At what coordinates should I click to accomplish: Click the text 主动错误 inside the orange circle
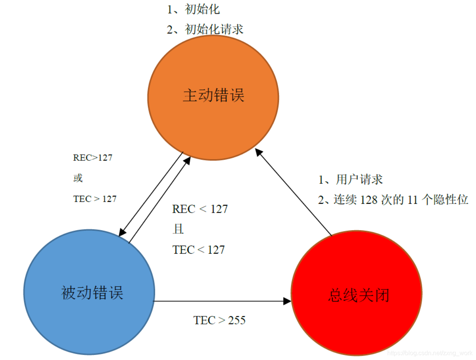click(x=213, y=96)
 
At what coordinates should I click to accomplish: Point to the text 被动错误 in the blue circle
click(x=92, y=293)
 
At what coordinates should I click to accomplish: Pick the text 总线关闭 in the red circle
click(x=359, y=295)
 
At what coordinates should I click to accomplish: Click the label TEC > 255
click(x=219, y=320)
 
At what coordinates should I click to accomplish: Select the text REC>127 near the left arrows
click(x=93, y=157)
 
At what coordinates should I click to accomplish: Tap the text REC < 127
click(x=200, y=209)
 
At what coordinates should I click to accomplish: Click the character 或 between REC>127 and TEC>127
click(x=78, y=178)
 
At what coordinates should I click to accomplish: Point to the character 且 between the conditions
click(x=178, y=230)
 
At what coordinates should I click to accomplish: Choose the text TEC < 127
click(x=199, y=250)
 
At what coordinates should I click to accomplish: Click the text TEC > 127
click(x=95, y=199)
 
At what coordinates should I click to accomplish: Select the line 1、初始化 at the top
click(x=193, y=9)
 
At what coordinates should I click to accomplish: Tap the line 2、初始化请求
click(x=205, y=29)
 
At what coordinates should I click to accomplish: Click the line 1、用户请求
click(x=350, y=179)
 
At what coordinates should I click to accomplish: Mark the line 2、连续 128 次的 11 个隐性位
click(x=393, y=200)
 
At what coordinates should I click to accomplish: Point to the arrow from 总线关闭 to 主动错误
click(x=294, y=192)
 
